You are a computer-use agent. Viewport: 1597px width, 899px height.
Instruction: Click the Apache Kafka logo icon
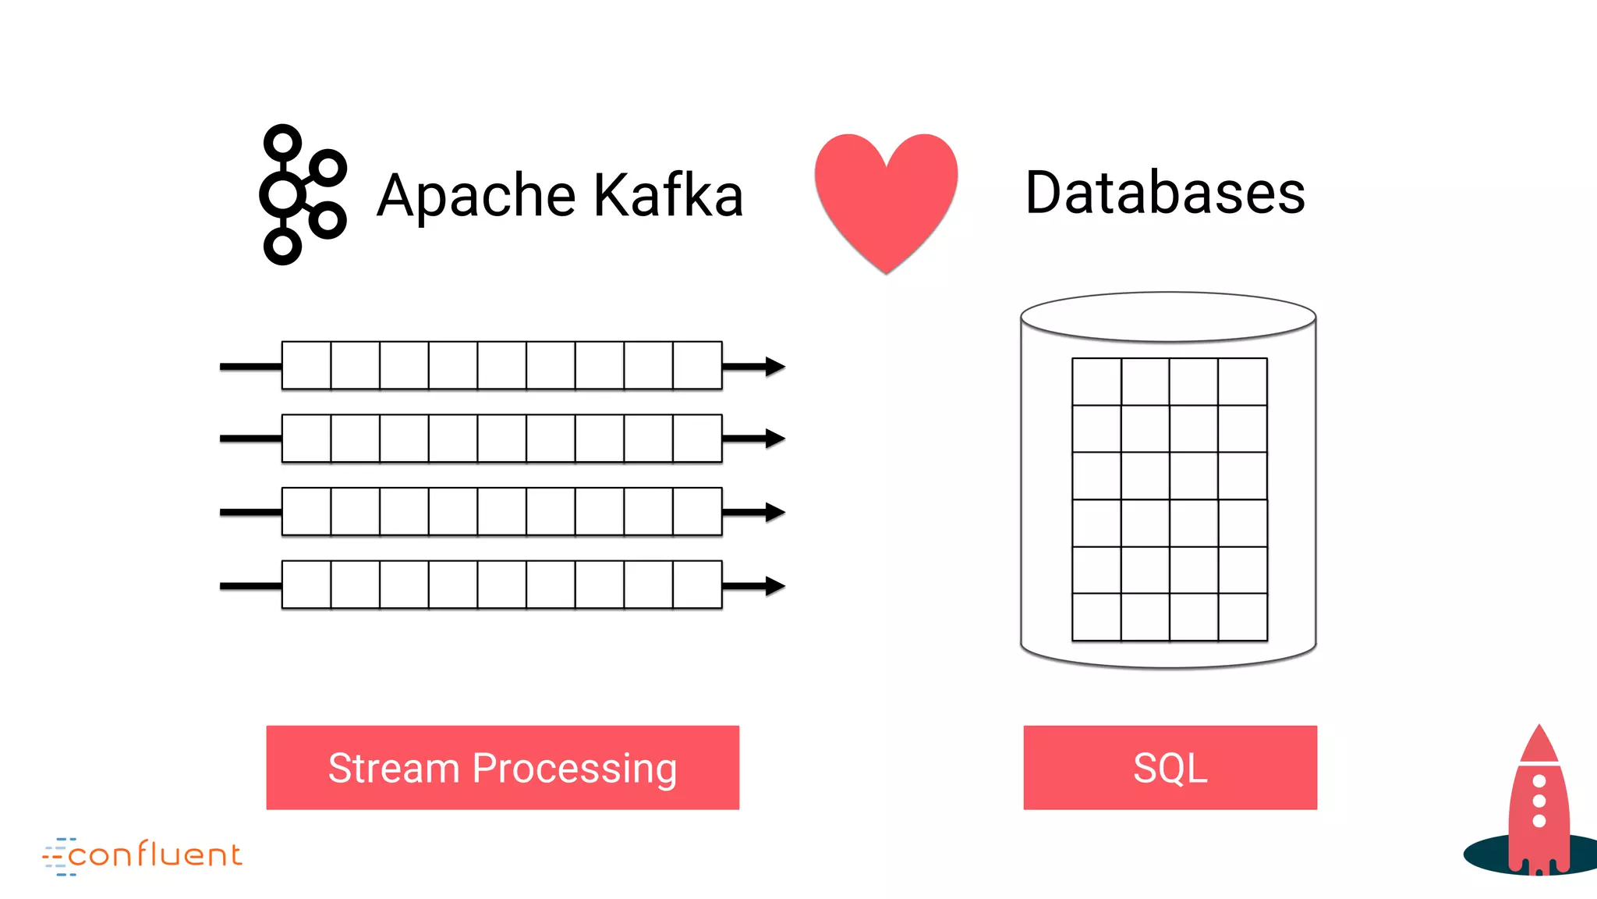(302, 194)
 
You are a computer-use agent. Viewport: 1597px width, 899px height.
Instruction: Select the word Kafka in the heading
(668, 194)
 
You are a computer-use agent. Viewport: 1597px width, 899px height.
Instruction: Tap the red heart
(886, 199)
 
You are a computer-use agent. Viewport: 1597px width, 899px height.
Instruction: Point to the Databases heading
(1165, 193)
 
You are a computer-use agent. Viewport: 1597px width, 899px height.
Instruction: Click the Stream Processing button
(502, 767)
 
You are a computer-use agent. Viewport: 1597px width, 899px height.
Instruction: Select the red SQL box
(1170, 767)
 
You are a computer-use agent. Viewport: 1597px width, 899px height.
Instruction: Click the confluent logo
(143, 855)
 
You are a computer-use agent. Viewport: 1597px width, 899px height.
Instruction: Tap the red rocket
(1539, 804)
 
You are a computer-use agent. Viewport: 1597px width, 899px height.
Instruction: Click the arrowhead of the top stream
(774, 366)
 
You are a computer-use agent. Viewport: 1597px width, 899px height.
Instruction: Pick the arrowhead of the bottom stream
(774, 585)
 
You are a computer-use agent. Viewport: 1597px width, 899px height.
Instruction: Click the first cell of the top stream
(306, 365)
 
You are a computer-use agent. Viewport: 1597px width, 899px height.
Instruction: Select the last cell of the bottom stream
(697, 585)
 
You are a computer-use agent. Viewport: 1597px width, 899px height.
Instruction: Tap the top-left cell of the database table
(1096, 382)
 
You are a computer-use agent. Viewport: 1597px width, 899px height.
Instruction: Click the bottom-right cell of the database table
(1243, 617)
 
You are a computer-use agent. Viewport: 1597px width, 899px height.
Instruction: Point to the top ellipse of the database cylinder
(1168, 317)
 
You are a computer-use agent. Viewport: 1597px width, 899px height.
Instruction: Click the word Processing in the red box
(575, 769)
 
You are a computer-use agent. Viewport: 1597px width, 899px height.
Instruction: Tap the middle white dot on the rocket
(1539, 801)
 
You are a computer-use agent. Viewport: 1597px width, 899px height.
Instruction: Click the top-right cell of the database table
(1243, 382)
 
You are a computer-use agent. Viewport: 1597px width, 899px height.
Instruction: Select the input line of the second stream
(250, 439)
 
